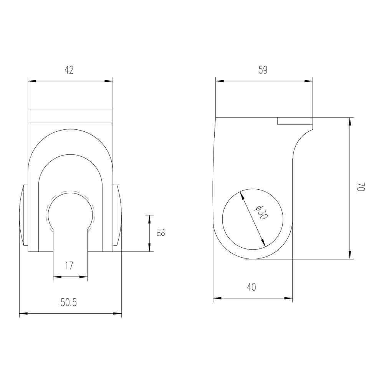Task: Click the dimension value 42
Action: coord(69,70)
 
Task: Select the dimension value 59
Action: coord(263,70)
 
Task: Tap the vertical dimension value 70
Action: coord(360,187)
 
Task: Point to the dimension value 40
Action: coord(252,287)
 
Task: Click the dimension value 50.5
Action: coord(69,303)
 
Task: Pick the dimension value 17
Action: coord(69,265)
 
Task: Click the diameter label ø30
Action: coord(261,212)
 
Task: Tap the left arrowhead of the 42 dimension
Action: coord(32,81)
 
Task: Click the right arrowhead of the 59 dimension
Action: coord(309,81)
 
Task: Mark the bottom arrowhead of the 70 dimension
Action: coord(350,255)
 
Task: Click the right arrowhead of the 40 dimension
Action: coord(288,298)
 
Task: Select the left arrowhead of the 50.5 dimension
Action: coord(23,314)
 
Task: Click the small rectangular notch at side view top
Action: coord(295,121)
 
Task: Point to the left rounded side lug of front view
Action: coord(23,215)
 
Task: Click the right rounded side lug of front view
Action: coord(117,215)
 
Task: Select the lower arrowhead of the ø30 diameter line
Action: coord(263,243)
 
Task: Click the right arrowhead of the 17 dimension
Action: coord(84,276)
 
